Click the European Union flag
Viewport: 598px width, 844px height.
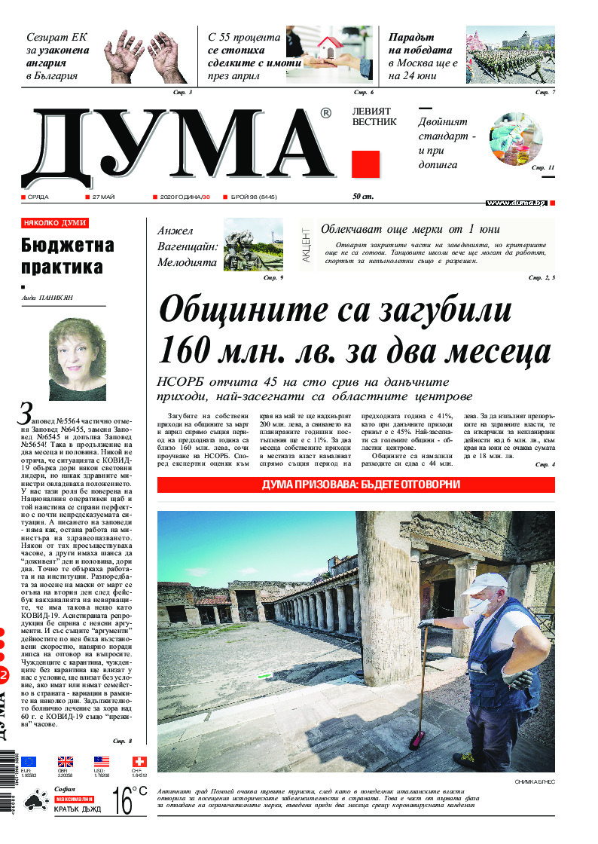click(x=29, y=761)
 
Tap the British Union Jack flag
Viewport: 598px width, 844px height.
click(x=66, y=761)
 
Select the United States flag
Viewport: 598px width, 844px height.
click(x=102, y=761)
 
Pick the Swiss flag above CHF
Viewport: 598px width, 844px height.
click(x=139, y=761)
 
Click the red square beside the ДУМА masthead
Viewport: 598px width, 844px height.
click(x=366, y=164)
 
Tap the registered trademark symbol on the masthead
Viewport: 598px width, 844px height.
click(x=325, y=114)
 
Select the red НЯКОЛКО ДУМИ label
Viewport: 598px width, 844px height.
click(x=55, y=223)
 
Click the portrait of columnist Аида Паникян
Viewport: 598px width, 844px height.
click(x=77, y=359)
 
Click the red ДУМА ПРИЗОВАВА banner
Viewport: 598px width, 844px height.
click(x=355, y=485)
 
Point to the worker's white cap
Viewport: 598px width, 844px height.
click(x=487, y=581)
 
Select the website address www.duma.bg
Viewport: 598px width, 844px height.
click(x=516, y=203)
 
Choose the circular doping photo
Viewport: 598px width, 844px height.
click(x=516, y=139)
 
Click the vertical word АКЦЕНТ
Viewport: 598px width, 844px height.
click(x=306, y=244)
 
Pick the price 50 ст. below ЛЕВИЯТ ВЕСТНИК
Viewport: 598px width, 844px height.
click(x=363, y=197)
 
